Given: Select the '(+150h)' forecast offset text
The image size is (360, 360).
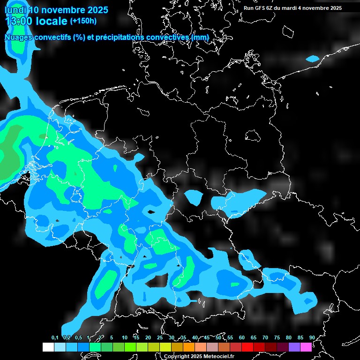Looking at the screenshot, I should pos(83,21).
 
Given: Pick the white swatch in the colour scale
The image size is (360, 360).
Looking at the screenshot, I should pos(48,347).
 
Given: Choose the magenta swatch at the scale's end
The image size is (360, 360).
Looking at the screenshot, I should pos(306,347).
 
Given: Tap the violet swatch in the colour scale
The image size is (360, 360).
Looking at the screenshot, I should pos(294,347).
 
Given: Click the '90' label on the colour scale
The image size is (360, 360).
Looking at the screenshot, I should pos(312,337).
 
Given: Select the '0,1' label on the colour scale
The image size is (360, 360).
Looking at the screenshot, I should pos(55,337).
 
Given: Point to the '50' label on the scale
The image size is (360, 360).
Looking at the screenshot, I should pos(218,337).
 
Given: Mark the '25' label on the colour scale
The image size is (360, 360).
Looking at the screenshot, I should pos(160,337).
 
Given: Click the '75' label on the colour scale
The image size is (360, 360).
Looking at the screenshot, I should pos(277,337).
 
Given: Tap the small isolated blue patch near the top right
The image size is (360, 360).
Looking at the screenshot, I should pos(313,59).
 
